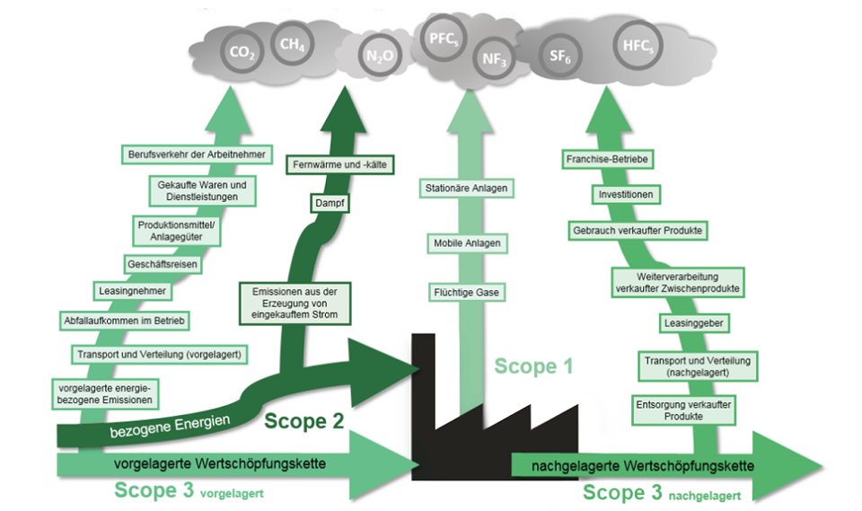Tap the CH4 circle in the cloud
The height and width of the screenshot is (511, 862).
coord(292,43)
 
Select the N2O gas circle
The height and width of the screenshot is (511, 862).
coord(378,56)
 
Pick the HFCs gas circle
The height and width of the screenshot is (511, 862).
coord(638,45)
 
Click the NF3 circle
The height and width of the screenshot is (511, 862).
coord(492,58)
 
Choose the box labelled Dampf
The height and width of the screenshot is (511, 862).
coord(330,204)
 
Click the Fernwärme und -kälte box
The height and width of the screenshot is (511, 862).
coord(340,165)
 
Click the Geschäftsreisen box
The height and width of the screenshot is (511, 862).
coord(163,265)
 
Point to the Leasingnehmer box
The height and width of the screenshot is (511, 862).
coord(132,291)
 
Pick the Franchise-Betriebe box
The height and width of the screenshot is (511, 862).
coord(609,160)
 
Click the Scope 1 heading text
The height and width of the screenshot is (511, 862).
coord(532,366)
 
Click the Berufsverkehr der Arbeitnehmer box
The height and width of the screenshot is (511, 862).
coord(197,154)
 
